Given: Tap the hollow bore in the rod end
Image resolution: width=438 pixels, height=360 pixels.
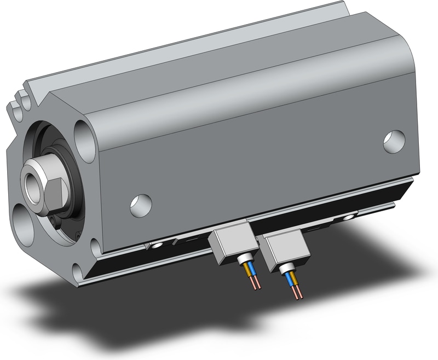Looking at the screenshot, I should (x=30, y=180).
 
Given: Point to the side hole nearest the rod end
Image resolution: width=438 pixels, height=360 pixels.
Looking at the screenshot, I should (x=141, y=205).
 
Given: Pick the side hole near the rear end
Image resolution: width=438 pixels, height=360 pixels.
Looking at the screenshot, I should (x=394, y=141).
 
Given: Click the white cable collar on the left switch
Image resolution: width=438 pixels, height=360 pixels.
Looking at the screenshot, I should (x=245, y=258).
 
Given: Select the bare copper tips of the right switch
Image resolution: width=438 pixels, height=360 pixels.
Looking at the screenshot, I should (x=298, y=294).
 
